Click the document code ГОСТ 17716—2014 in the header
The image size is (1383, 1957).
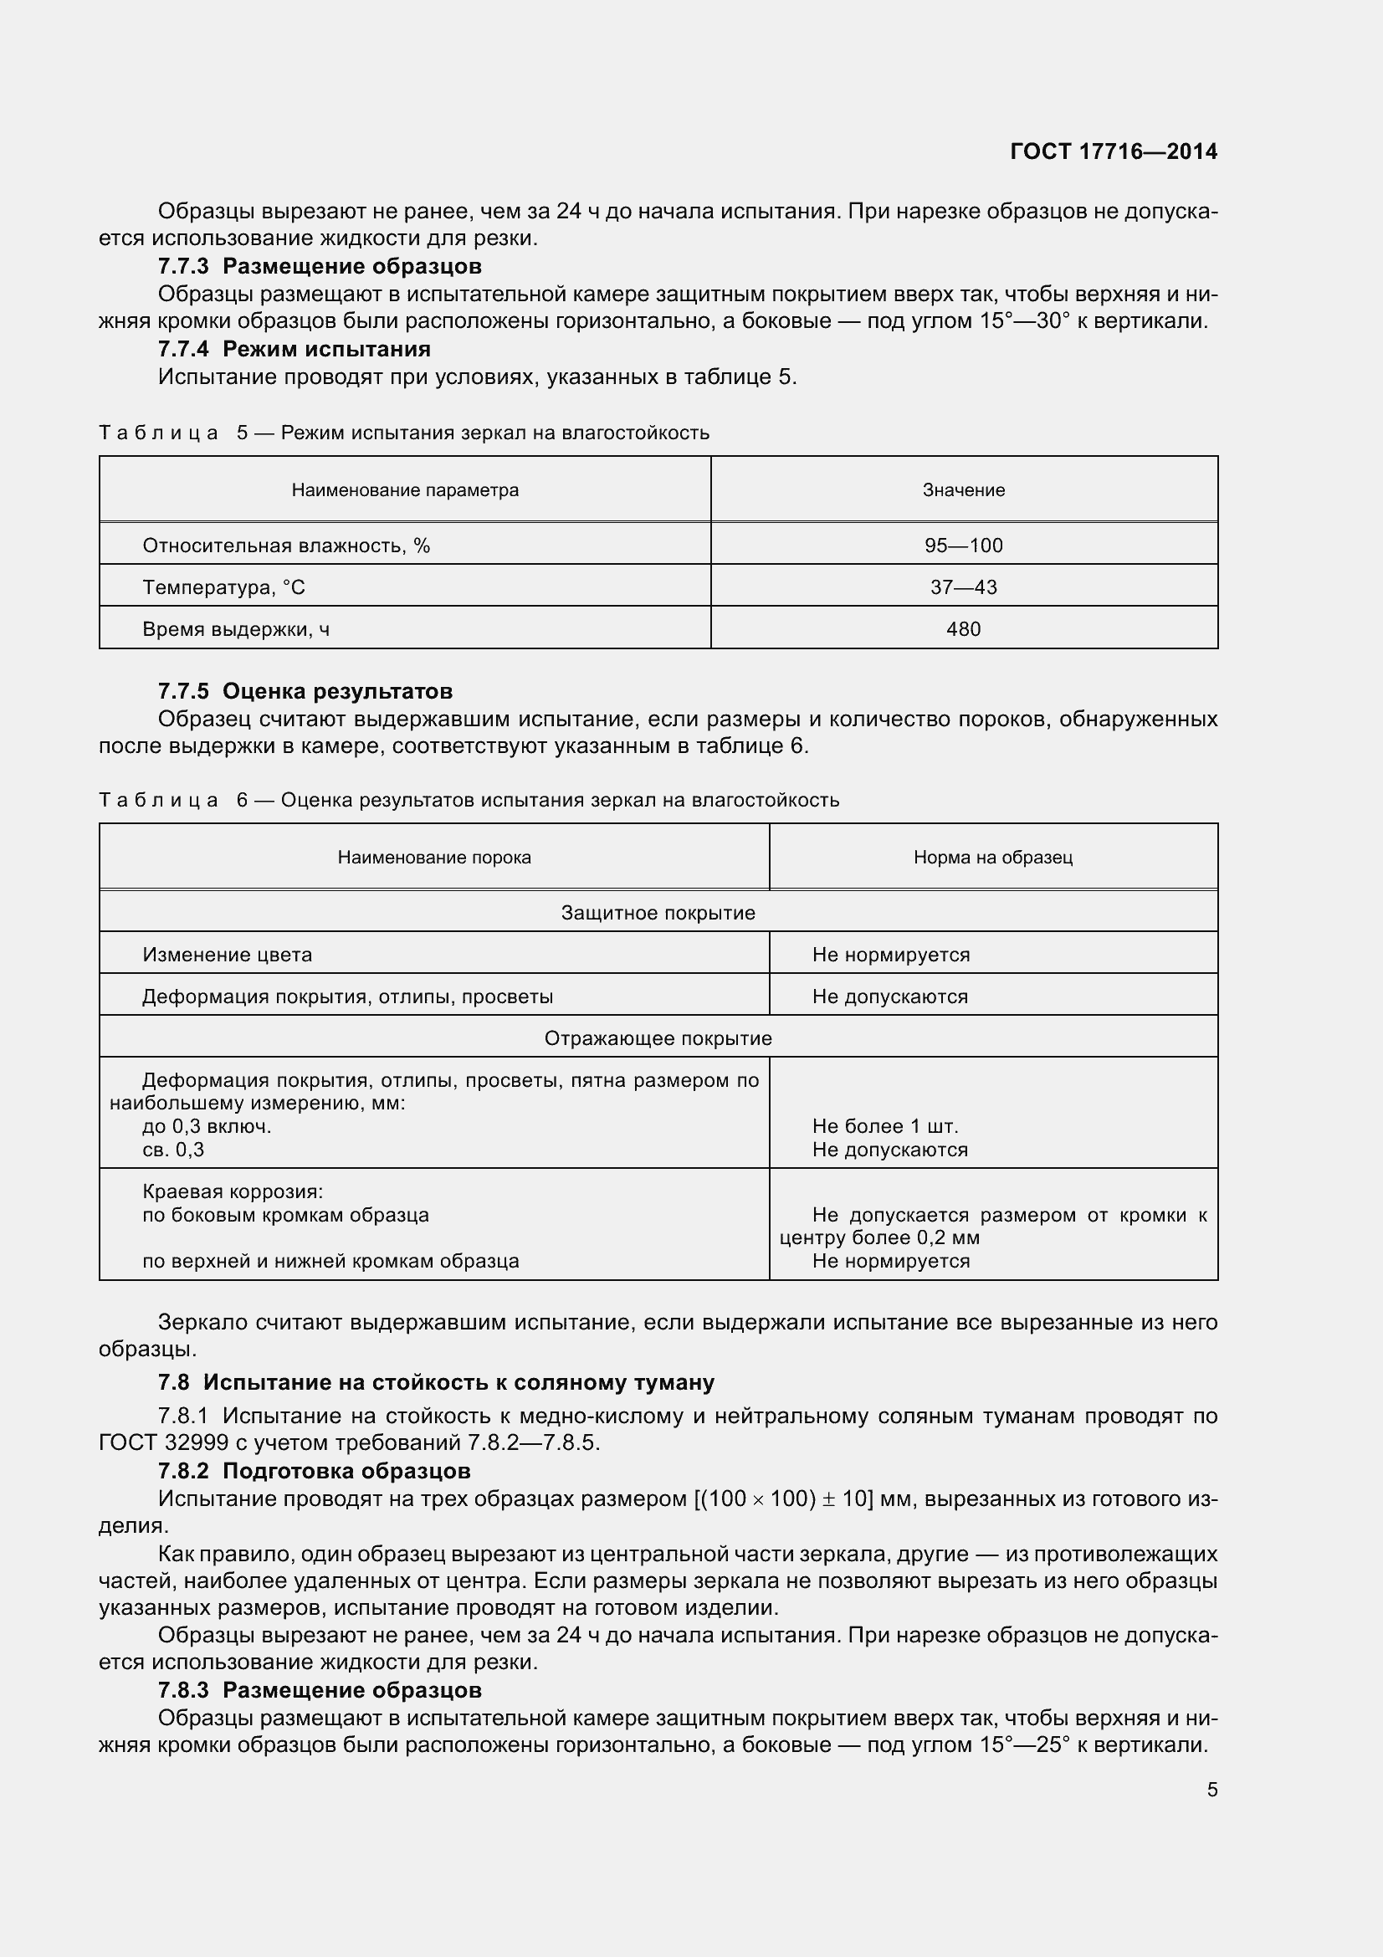(x=1113, y=151)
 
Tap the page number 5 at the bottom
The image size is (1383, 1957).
(x=1211, y=1789)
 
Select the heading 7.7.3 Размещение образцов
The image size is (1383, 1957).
(x=320, y=266)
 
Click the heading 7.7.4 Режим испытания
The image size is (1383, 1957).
(x=294, y=349)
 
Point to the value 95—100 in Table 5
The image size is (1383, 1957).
(x=963, y=546)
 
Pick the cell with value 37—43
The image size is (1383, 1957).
(x=963, y=587)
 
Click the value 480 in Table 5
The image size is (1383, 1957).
(x=963, y=629)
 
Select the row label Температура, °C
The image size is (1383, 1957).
(x=223, y=587)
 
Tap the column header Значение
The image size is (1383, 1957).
(x=963, y=490)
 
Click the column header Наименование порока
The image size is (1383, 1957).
(x=433, y=858)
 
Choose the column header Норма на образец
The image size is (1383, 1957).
(x=993, y=858)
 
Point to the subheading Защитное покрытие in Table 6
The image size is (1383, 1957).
(x=658, y=913)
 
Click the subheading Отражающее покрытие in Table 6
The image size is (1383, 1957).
(x=658, y=1038)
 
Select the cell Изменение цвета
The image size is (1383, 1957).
(x=227, y=955)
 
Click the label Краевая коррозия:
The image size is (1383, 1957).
(x=233, y=1191)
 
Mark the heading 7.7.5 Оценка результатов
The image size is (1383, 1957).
(x=305, y=690)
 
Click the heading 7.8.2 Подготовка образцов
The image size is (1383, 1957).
(x=314, y=1470)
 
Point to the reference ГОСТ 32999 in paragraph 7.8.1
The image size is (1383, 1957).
(x=163, y=1442)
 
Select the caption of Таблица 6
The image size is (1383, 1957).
(x=469, y=801)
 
